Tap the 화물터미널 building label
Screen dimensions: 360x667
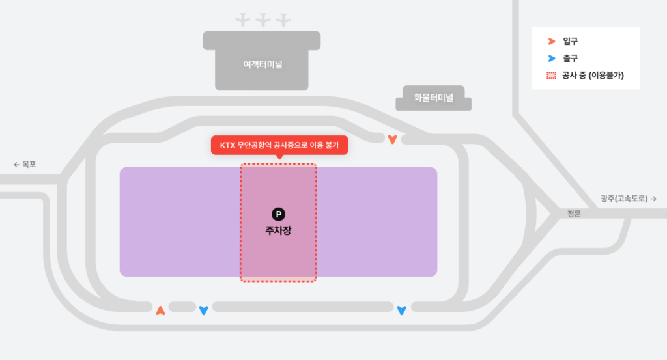point(433,98)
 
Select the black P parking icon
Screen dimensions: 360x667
point(278,214)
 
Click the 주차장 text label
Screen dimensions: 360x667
point(278,230)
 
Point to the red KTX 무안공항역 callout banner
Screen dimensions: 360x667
point(279,145)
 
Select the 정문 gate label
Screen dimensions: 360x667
point(573,214)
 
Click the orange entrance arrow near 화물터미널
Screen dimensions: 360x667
point(392,139)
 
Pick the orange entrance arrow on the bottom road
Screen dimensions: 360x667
point(161,311)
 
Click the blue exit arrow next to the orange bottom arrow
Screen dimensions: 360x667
point(203,311)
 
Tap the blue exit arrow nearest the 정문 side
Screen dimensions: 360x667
point(401,311)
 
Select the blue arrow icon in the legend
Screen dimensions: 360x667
point(551,59)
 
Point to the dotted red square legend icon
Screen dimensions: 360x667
point(551,76)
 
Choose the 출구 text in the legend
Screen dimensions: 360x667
point(571,59)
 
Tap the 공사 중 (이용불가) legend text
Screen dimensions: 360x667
point(593,76)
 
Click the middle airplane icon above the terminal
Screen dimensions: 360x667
point(263,20)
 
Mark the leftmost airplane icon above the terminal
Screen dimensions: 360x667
point(243,20)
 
